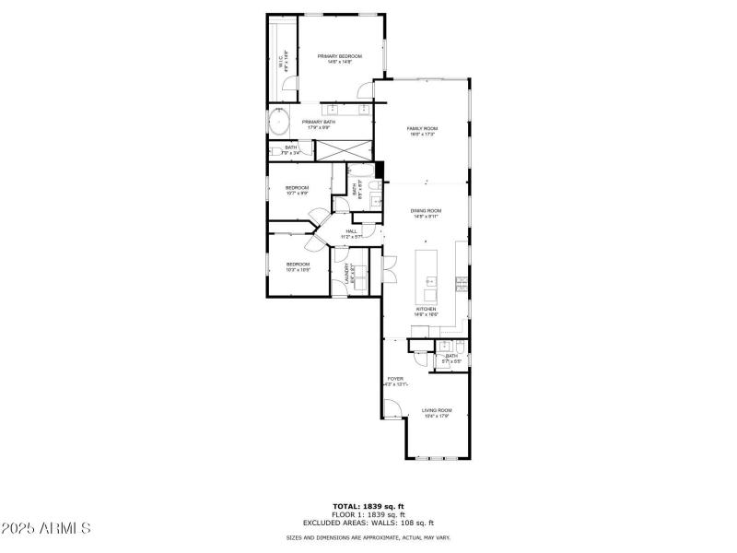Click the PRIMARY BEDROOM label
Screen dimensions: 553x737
tap(340, 59)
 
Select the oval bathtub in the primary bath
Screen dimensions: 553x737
tap(279, 122)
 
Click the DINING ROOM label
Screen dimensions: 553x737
tap(426, 213)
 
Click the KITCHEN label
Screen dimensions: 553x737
tap(425, 312)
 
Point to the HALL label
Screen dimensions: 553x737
tap(351, 233)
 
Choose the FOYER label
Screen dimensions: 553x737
tap(394, 381)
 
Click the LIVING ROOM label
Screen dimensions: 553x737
tap(437, 412)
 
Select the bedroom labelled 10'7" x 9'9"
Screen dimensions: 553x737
tap(297, 190)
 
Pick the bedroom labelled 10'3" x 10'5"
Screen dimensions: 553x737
tap(297, 267)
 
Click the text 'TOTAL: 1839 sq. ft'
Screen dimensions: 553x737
tap(368, 506)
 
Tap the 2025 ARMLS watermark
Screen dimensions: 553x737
tap(46, 529)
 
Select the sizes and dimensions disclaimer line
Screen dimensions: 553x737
tap(368, 536)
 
